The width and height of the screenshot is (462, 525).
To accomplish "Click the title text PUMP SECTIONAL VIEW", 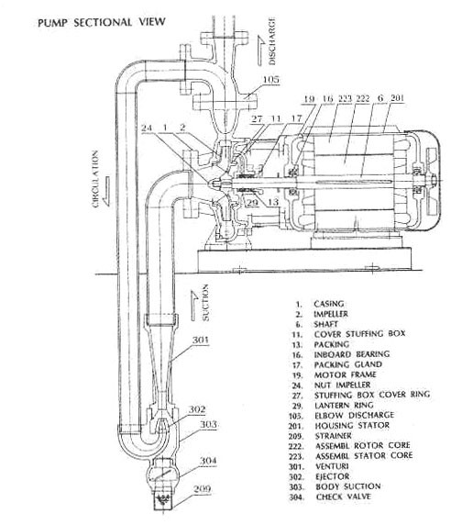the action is (x=102, y=22).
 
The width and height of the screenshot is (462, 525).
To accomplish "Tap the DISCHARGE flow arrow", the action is (x=260, y=50).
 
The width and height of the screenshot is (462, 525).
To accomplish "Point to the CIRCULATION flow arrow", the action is (x=106, y=191).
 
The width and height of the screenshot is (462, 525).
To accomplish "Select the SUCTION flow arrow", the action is (x=194, y=306).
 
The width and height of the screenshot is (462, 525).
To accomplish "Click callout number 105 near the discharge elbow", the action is (x=270, y=80).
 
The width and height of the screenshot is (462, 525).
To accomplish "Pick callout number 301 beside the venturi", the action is (x=200, y=340).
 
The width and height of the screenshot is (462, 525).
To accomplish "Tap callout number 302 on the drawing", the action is (x=197, y=409).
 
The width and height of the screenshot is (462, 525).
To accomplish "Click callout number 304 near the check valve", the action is (x=208, y=461).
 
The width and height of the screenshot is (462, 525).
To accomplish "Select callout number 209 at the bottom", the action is (x=203, y=489).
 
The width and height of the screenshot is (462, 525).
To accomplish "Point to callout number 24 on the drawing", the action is (x=147, y=128).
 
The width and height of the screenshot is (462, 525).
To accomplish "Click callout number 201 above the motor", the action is (x=397, y=98).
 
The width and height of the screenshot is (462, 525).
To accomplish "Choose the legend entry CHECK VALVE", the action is (x=344, y=497).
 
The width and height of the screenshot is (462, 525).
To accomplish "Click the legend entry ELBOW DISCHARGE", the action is (x=354, y=415).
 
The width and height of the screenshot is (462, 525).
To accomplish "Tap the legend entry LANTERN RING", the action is (x=344, y=405).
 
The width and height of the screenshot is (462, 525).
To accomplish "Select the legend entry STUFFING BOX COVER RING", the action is (x=372, y=395).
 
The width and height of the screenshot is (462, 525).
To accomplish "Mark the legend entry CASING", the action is (x=328, y=304).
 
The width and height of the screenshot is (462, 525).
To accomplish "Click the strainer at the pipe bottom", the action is (x=163, y=500).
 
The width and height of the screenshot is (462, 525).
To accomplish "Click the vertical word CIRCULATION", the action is (x=95, y=179).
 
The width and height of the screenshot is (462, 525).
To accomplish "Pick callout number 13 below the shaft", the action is (x=273, y=202).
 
